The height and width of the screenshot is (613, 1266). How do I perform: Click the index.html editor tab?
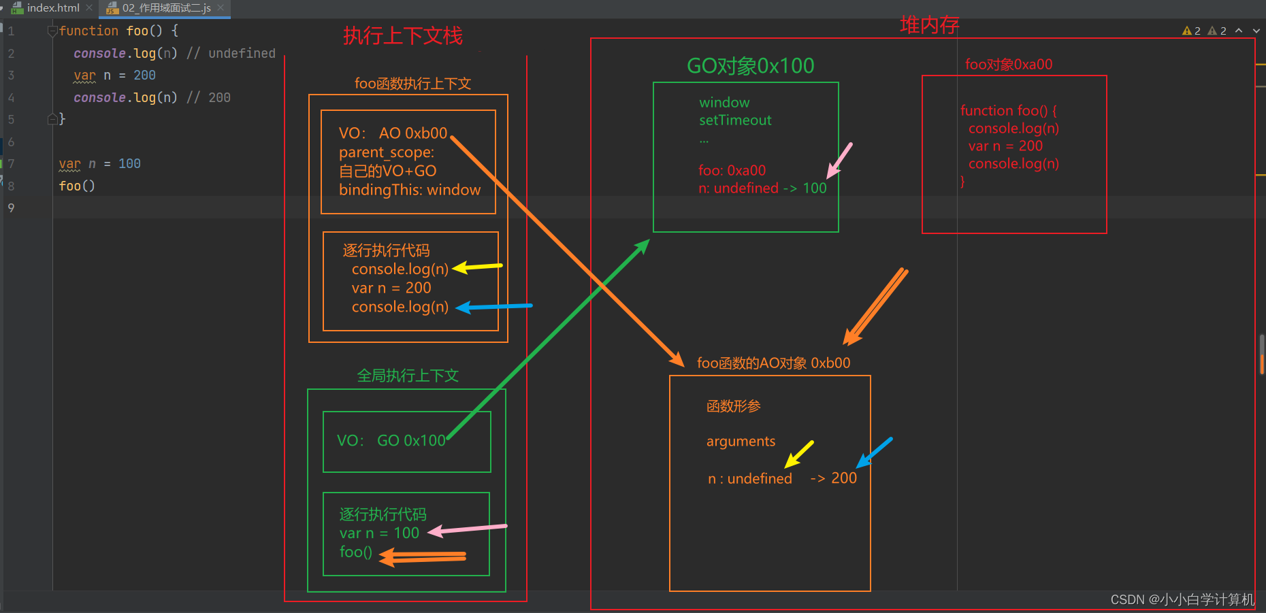pyautogui.click(x=52, y=8)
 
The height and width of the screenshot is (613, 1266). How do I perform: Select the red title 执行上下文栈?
pyautogui.click(x=403, y=36)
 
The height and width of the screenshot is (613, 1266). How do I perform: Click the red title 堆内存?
pyautogui.click(x=929, y=25)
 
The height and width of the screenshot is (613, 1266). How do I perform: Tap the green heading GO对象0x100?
pyautogui.click(x=750, y=66)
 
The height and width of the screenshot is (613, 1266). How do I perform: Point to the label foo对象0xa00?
pyautogui.click(x=1008, y=65)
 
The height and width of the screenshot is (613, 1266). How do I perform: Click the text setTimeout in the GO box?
pyautogui.click(x=735, y=120)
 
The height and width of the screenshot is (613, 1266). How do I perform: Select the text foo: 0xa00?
pyautogui.click(x=732, y=171)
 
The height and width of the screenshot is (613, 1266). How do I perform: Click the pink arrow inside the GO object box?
pyautogui.click(x=839, y=161)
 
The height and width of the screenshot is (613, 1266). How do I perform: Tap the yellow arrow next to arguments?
pyautogui.click(x=798, y=454)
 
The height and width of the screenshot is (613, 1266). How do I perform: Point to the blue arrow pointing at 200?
pyautogui.click(x=874, y=452)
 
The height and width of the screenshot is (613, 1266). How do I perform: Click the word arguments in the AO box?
pyautogui.click(x=741, y=442)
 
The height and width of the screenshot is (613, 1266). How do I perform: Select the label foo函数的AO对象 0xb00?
pyautogui.click(x=773, y=363)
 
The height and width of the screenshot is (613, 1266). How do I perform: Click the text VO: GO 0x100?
pyautogui.click(x=391, y=441)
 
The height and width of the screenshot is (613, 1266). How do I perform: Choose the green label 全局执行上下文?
pyautogui.click(x=408, y=376)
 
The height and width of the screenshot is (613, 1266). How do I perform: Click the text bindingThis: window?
pyautogui.click(x=410, y=190)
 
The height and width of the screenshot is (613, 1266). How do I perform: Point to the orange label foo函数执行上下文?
pyautogui.click(x=412, y=84)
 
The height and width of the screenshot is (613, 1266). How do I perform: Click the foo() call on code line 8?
pyautogui.click(x=77, y=186)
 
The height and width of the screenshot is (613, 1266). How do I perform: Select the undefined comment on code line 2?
pyautogui.click(x=241, y=54)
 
